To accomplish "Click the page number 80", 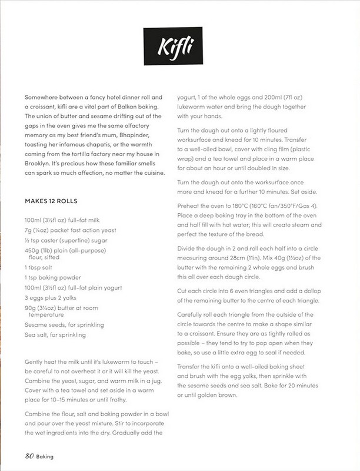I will (x=29, y=455).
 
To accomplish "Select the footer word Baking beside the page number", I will (x=46, y=456).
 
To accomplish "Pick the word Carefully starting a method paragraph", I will (x=193, y=314).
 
